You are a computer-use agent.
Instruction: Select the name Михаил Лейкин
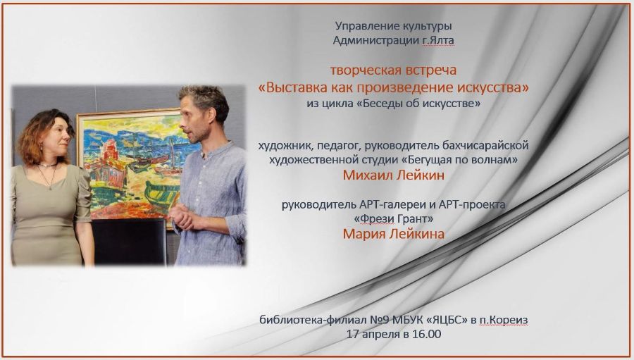(x=393, y=175)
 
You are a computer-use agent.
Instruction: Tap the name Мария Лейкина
(x=393, y=234)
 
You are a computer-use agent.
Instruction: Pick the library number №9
(x=380, y=320)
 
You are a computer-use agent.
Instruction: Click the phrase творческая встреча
(x=393, y=70)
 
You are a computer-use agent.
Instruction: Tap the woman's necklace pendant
(x=50, y=187)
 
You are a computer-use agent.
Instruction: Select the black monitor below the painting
(x=129, y=242)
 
